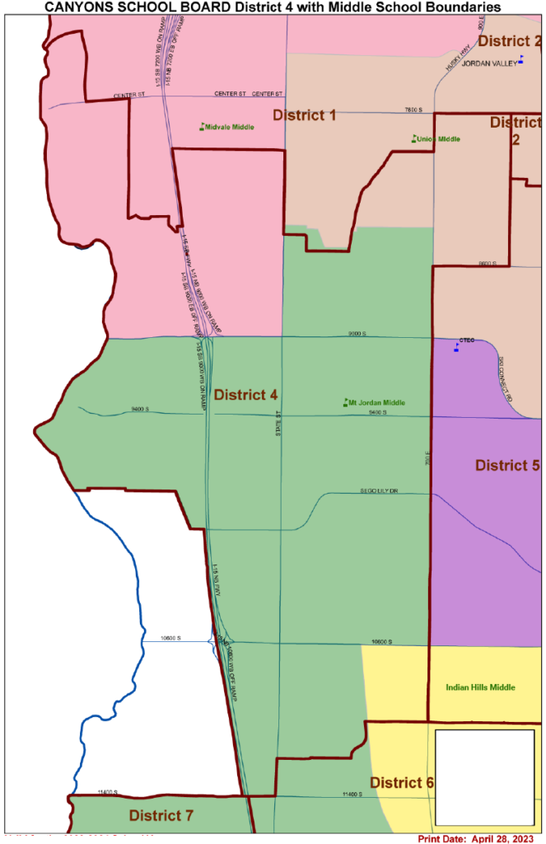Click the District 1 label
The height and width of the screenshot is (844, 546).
point(304,115)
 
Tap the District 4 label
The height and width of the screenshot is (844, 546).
point(245,395)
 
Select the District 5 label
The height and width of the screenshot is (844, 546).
point(507,466)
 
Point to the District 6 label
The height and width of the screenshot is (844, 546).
point(401,782)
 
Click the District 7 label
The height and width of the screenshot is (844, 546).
point(161,816)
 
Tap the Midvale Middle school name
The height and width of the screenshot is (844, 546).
point(230,127)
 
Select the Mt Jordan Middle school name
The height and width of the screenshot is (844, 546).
point(377,403)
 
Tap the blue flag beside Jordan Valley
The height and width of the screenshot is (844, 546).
point(520,59)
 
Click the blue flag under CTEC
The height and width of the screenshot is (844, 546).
point(457,348)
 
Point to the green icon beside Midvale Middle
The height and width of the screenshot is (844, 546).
point(201,126)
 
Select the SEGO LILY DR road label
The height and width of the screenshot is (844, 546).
point(380,491)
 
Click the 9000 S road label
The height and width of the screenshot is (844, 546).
point(356,334)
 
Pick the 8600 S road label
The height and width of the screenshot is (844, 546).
point(488,264)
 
